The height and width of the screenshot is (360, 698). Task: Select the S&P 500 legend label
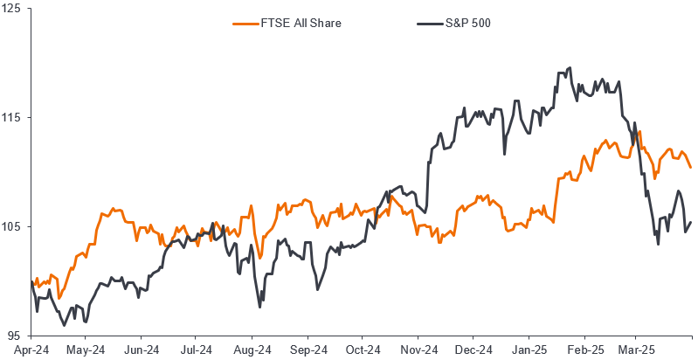[468, 23]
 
